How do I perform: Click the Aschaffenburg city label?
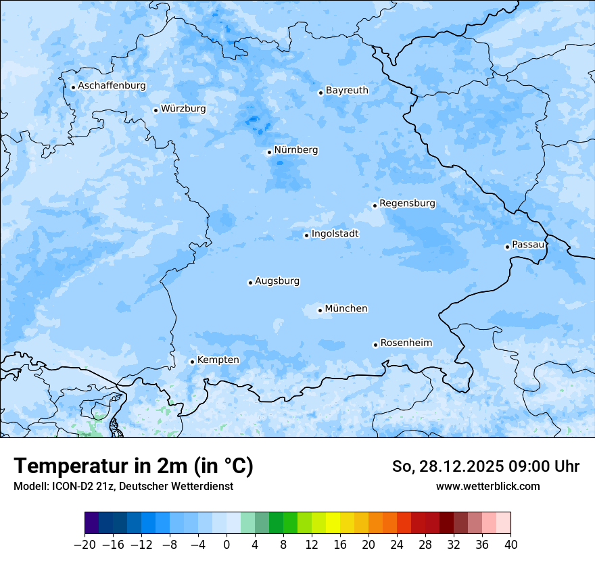coord(112,86)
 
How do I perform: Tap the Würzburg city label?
coord(183,109)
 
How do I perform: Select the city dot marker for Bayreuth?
coord(320,93)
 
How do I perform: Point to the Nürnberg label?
coord(295,150)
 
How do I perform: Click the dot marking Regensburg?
coord(375,205)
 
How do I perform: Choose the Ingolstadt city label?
coord(335,234)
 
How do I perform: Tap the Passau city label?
coord(527,245)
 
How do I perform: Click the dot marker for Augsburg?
coord(250,283)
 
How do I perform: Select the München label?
coord(346,309)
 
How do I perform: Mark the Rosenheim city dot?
coord(375,345)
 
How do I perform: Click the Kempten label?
coord(218,360)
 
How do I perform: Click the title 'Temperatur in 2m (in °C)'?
coord(133,466)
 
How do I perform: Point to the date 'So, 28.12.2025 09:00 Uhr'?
coord(485,466)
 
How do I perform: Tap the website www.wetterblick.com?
coord(487,486)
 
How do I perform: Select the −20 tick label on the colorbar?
coord(85,545)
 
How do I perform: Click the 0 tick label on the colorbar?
coord(227,545)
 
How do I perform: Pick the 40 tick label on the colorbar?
coord(510,545)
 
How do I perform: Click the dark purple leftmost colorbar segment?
coord(92,523)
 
